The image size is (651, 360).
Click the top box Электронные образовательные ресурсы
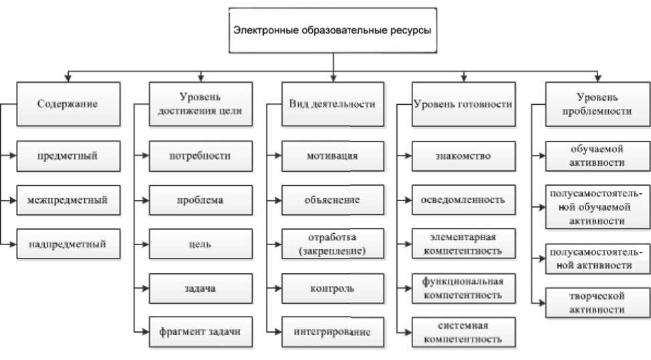click(x=332, y=30)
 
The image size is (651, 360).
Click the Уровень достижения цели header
click(x=201, y=104)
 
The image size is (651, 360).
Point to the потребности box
click(x=201, y=156)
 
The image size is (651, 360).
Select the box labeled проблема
click(x=201, y=199)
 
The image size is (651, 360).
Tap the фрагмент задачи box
click(x=201, y=331)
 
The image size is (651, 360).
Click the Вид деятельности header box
click(x=332, y=104)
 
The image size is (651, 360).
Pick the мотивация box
click(x=332, y=156)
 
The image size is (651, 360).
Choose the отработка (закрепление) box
click(x=332, y=244)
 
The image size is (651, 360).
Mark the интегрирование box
click(x=332, y=331)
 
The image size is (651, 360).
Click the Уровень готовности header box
click(x=463, y=104)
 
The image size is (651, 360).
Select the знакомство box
click(x=463, y=156)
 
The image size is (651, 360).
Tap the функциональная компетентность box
click(x=463, y=287)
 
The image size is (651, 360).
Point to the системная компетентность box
click(x=463, y=331)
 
